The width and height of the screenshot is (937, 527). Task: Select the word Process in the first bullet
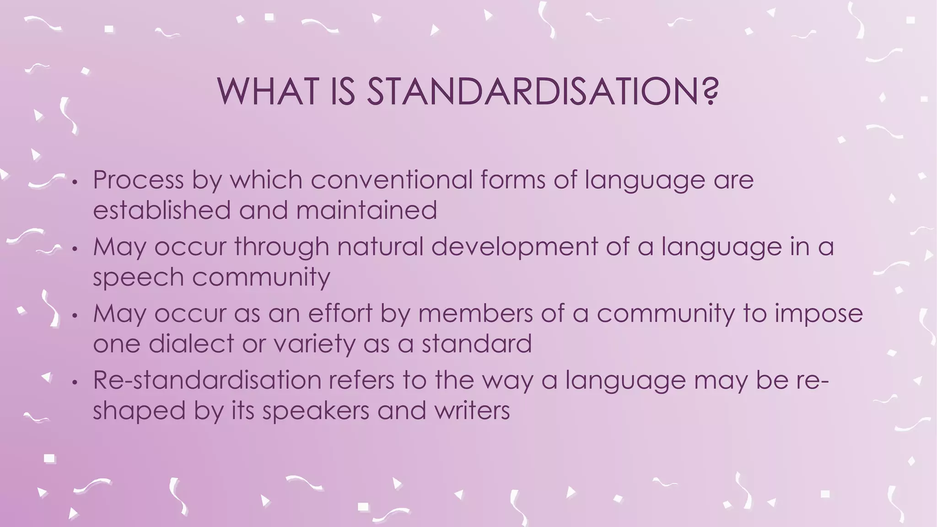point(138,180)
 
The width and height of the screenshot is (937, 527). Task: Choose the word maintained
point(366,210)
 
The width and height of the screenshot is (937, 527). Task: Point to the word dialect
point(191,344)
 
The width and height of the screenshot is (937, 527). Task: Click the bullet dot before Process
point(76,183)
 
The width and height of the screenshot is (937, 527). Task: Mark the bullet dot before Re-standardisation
point(76,384)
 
